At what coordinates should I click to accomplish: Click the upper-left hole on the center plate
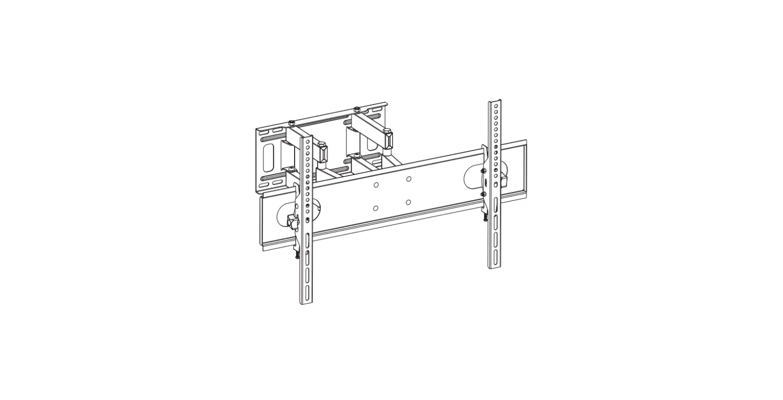click(376, 185)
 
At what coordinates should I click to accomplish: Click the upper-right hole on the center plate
click(408, 179)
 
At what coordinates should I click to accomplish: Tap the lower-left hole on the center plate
click(376, 208)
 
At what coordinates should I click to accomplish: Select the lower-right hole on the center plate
click(408, 202)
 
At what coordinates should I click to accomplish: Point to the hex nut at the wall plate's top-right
click(357, 109)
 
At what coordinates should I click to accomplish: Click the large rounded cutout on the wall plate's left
click(269, 157)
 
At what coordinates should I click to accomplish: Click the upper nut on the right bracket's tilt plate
click(483, 171)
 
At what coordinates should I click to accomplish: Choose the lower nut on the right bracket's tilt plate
click(483, 194)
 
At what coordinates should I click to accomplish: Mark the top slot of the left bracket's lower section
click(307, 236)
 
